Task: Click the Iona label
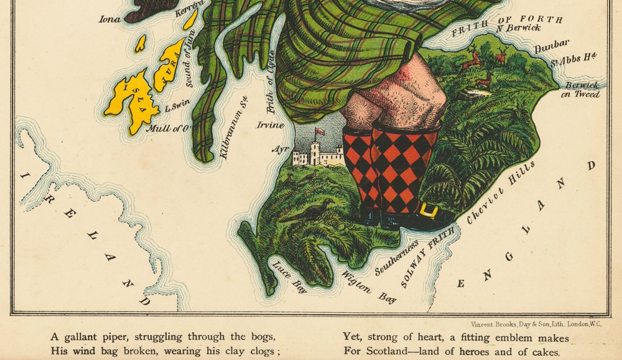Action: tap(109, 19)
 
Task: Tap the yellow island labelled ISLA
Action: tap(132, 101)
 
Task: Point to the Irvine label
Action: tap(271, 125)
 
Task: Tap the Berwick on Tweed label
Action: tap(581, 90)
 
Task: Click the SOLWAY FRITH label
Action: tap(429, 256)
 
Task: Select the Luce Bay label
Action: tap(289, 275)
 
